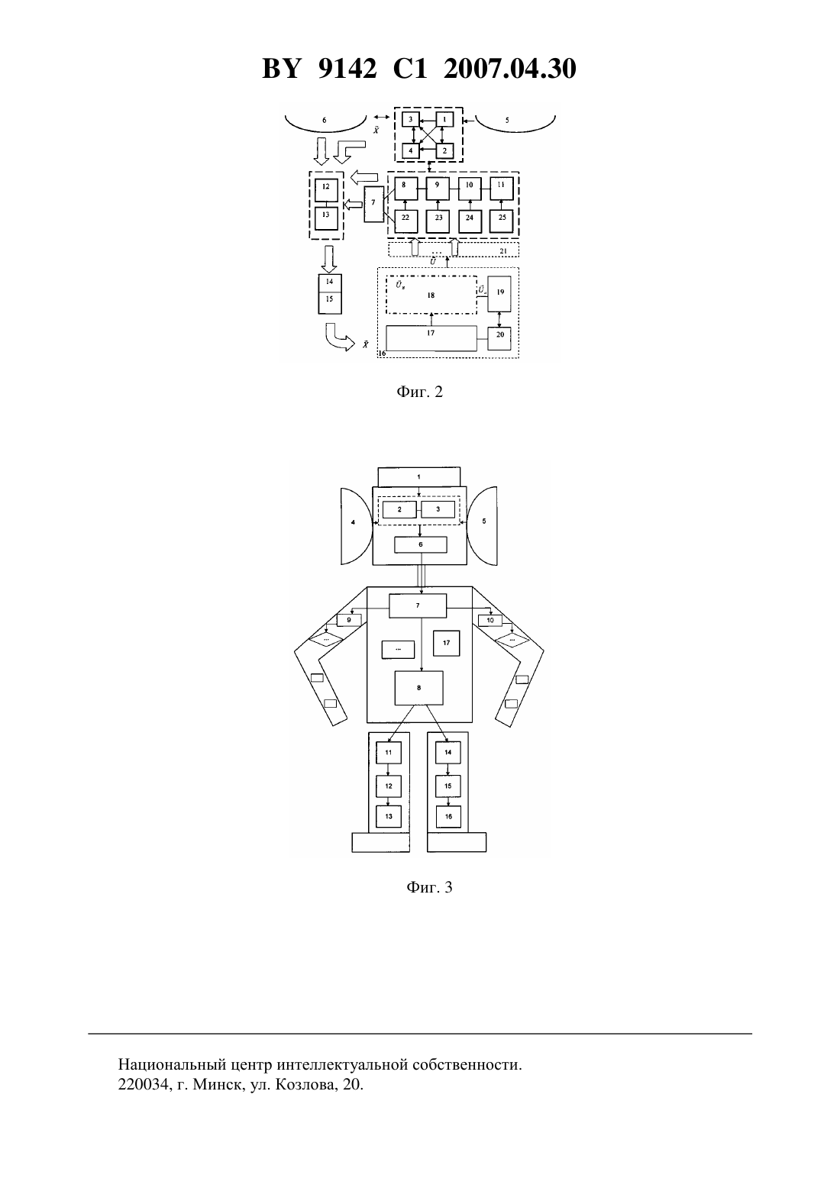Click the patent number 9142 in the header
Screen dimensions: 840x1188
(x=347, y=69)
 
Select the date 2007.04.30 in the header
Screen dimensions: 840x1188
(x=509, y=69)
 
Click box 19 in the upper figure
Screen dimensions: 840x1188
(x=499, y=293)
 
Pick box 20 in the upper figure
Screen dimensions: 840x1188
(x=499, y=335)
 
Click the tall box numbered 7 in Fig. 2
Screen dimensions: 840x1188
(x=373, y=204)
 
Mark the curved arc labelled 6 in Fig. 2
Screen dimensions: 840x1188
(x=325, y=130)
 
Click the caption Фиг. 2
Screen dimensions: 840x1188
(x=419, y=392)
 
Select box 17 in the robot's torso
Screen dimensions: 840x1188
(x=447, y=644)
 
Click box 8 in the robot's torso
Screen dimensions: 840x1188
(x=419, y=688)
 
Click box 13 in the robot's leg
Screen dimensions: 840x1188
(x=389, y=816)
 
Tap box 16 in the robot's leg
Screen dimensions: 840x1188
(x=449, y=816)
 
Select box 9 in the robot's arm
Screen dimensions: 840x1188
(x=349, y=620)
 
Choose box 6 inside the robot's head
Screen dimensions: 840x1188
(x=421, y=544)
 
